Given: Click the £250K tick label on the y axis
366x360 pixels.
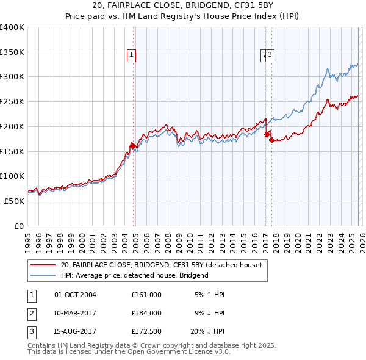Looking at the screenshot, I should click(x=12, y=101).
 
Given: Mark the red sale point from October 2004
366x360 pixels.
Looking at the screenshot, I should click(x=132, y=146).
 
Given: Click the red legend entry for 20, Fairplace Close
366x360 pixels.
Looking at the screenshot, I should click(x=161, y=265).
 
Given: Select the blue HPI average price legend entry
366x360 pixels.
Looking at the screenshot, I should click(x=134, y=275).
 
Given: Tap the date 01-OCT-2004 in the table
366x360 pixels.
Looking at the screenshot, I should click(x=75, y=295).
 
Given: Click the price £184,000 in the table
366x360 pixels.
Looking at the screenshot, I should click(x=146, y=312).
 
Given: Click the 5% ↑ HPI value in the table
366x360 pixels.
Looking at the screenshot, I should click(x=209, y=295).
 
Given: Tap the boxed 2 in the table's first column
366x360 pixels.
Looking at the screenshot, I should click(x=31, y=312).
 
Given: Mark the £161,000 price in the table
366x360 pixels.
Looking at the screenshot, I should click(x=146, y=295).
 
